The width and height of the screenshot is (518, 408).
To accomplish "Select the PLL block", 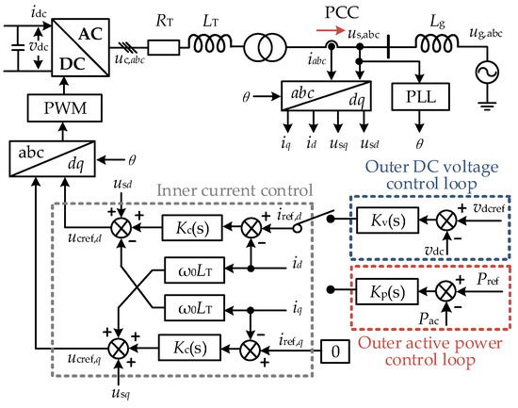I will pyautogui.click(x=417, y=96).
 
